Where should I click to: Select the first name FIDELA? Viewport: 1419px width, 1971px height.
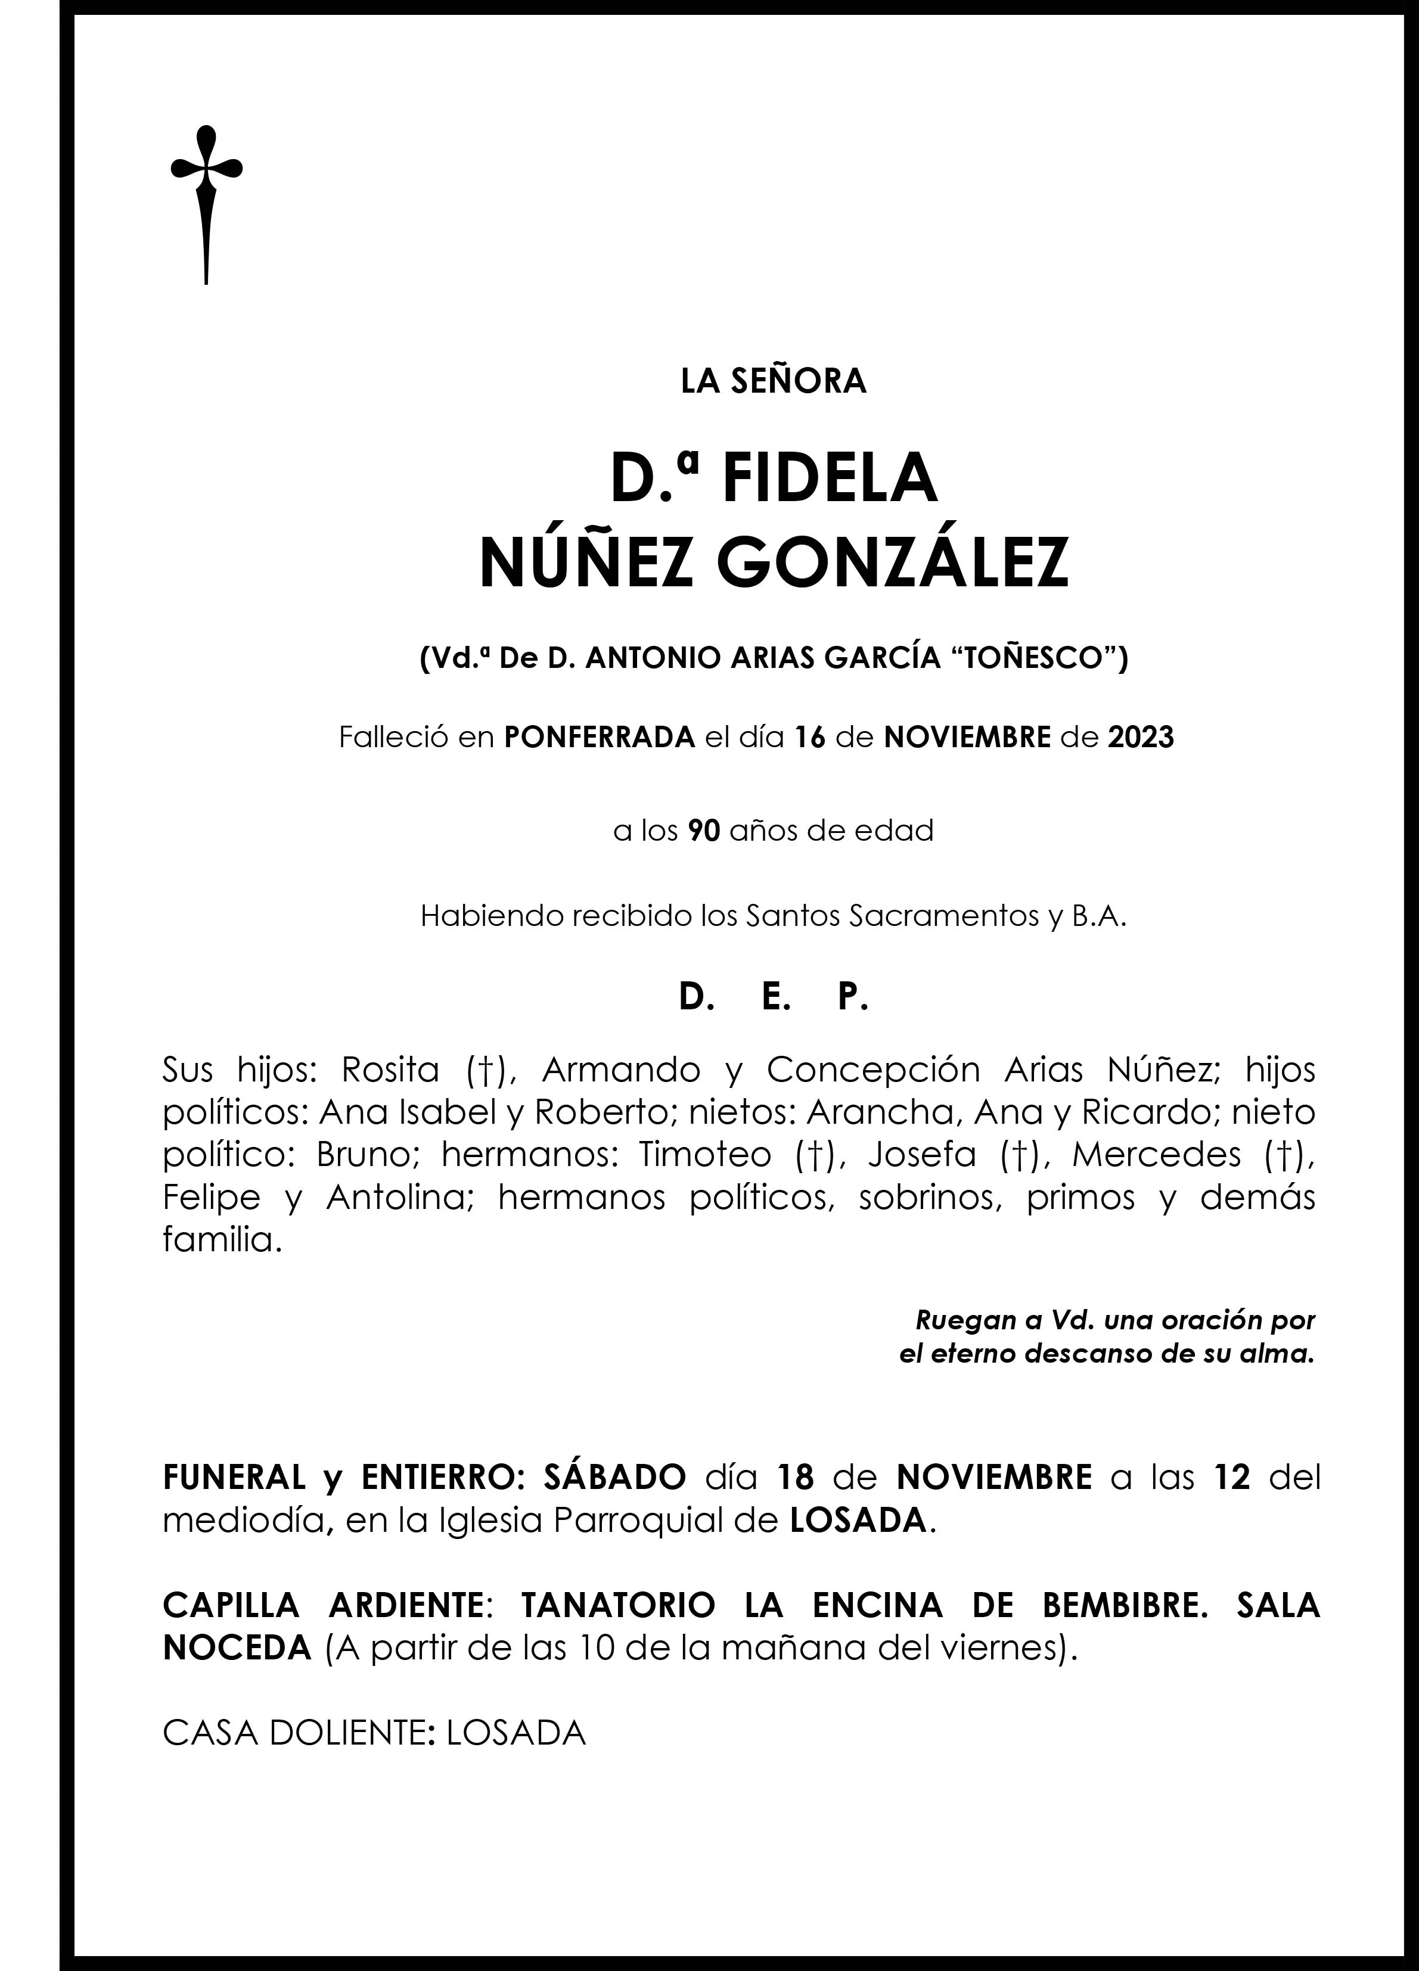[x=830, y=480]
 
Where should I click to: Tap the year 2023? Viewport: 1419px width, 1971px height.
[x=1141, y=738]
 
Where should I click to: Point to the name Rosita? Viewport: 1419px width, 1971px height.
[x=390, y=1071]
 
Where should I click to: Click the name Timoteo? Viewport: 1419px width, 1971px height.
[x=705, y=1155]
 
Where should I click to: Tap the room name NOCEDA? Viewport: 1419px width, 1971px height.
[x=237, y=1649]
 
